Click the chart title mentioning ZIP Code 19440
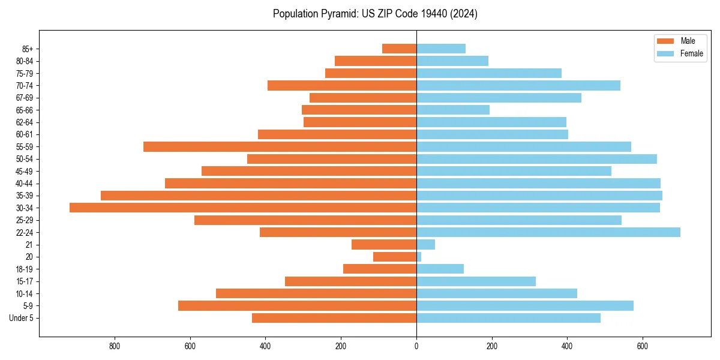[375, 14]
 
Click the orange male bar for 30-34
[243, 208]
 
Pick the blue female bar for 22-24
[548, 232]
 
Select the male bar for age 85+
[399, 49]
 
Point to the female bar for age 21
[425, 244]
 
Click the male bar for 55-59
[280, 146]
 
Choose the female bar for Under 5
[508, 318]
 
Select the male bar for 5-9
[297, 306]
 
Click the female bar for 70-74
[518, 85]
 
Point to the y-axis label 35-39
[25, 196]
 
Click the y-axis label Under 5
[22, 318]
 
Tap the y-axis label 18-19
[25, 269]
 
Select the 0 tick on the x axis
[416, 346]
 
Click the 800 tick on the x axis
[115, 346]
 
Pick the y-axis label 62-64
[25, 122]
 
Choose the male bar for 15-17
[350, 281]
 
